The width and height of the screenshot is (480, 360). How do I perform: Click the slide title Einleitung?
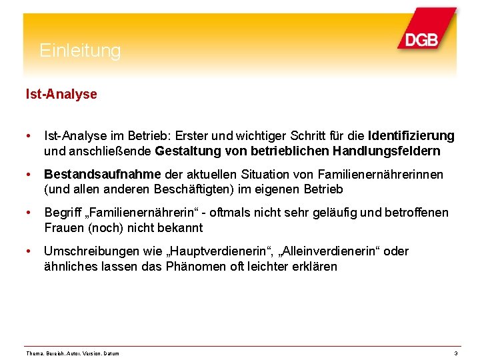point(80,51)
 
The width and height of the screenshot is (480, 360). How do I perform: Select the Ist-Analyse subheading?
point(61,95)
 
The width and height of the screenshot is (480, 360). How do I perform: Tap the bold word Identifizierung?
point(411,136)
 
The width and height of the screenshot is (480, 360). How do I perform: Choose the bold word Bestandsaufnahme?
point(102,175)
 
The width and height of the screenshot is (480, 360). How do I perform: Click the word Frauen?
point(65,228)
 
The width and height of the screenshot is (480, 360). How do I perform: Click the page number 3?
point(455,353)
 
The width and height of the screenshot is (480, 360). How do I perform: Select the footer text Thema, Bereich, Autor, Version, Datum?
point(72,353)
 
